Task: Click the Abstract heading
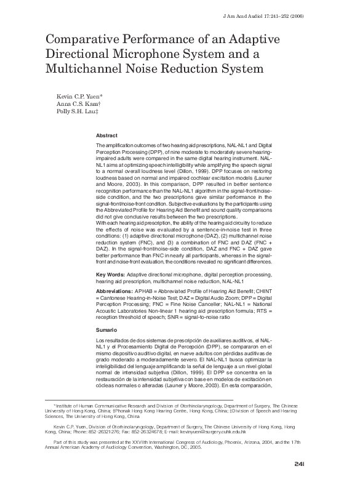(x=108, y=135)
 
